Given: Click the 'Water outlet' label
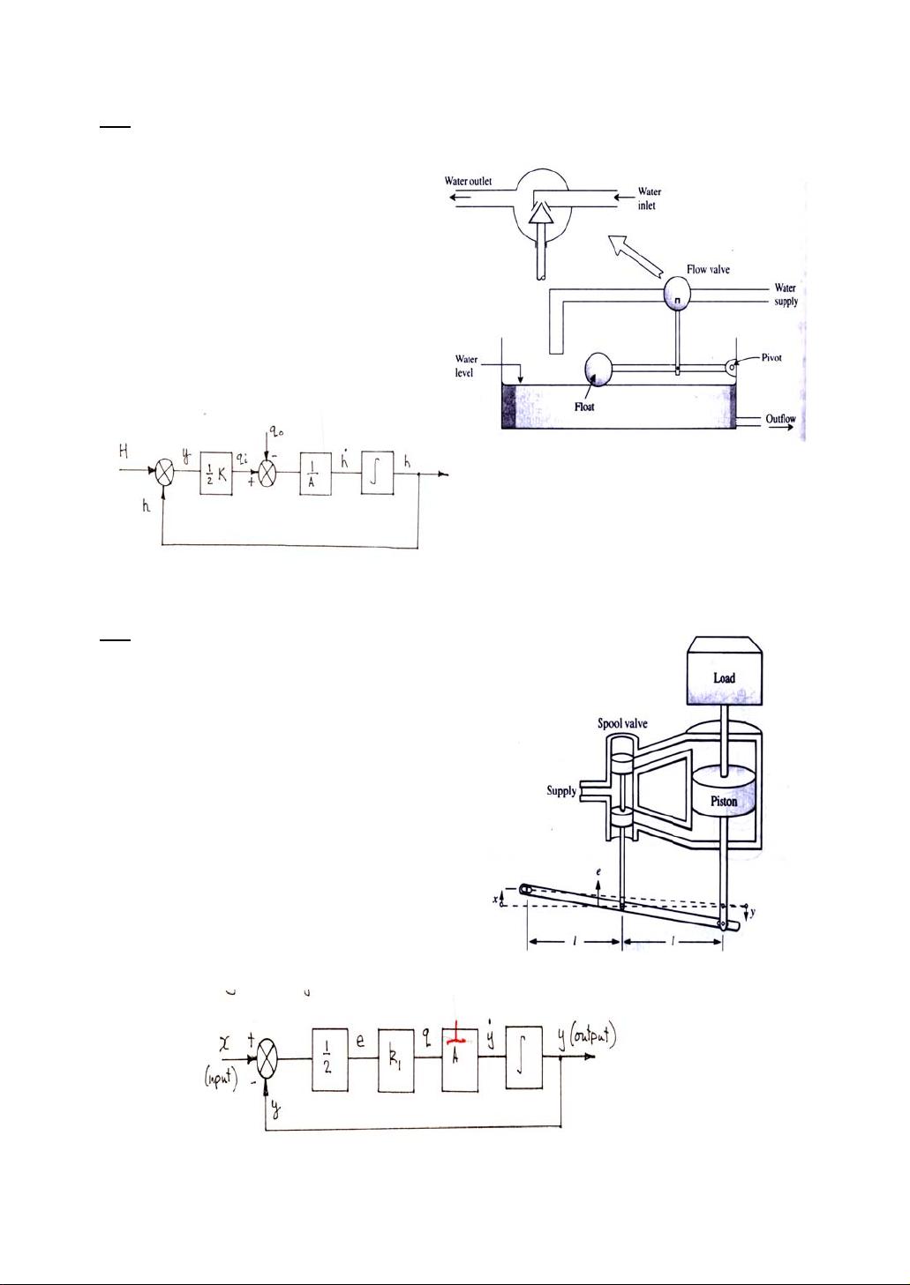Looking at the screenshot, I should (x=468, y=182).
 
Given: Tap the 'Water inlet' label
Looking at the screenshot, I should (x=649, y=198).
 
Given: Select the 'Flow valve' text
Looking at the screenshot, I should (x=708, y=270).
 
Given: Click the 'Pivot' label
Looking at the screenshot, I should (x=771, y=358).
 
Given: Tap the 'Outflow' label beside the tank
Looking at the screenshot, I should (x=780, y=419).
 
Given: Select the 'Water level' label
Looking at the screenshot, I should (x=465, y=366).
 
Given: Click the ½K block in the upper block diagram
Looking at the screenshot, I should (x=216, y=472).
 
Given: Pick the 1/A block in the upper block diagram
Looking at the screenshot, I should (x=315, y=473).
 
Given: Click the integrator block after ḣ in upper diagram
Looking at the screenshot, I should (x=377, y=473).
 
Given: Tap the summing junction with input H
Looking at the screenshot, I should (x=163, y=473).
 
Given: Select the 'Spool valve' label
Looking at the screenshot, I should (x=622, y=723).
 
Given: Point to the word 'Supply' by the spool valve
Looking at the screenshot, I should (x=561, y=790).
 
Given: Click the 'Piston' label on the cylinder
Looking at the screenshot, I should (x=724, y=802).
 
